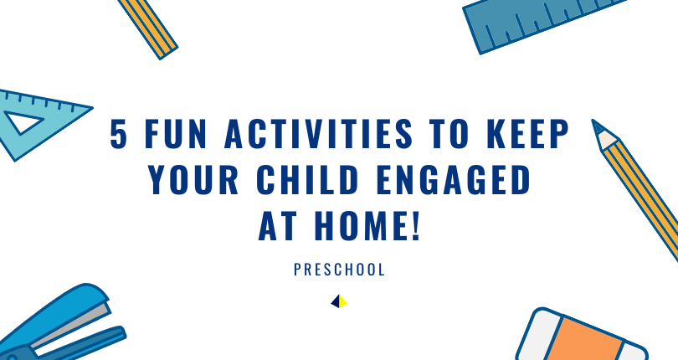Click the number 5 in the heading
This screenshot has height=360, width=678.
tap(119, 134)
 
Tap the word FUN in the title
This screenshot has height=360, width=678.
tap(176, 134)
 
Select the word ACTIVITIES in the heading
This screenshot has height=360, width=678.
tap(319, 134)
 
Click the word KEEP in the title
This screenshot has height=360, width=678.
tap(527, 134)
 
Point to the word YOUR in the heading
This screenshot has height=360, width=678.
tap(193, 179)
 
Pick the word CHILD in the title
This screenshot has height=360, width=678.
tap(308, 179)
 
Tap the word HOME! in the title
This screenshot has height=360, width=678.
tap(367, 225)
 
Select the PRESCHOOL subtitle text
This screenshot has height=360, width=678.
tap(339, 270)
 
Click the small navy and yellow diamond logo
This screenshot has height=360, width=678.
tap(339, 301)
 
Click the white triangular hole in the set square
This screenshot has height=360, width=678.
tap(23, 121)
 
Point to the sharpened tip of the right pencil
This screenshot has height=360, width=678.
tap(593, 121)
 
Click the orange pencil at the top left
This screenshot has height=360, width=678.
tap(148, 28)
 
